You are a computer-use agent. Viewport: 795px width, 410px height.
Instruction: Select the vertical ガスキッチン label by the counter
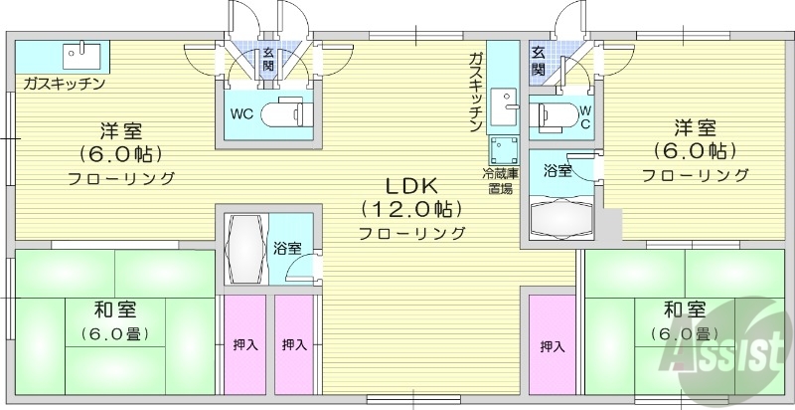[476, 92]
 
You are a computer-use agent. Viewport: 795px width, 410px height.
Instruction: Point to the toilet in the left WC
[287, 114]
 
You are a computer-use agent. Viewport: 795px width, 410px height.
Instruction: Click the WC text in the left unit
[241, 114]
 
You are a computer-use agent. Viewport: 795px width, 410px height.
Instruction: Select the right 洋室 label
[695, 127]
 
